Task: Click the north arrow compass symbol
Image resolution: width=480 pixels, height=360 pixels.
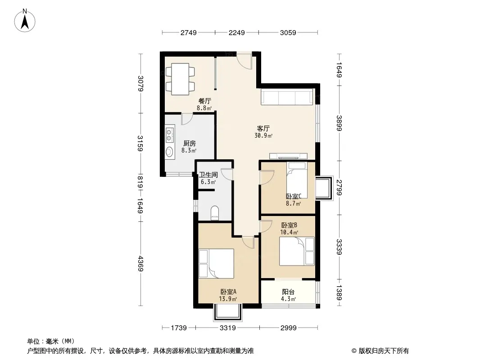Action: (x=25, y=21)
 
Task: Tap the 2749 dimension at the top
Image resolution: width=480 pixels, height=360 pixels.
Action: (x=188, y=32)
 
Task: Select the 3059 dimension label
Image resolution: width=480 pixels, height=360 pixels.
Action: (x=288, y=32)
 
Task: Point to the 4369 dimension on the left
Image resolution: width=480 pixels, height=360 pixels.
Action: (x=140, y=263)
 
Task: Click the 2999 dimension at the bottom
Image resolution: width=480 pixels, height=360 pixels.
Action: (x=288, y=328)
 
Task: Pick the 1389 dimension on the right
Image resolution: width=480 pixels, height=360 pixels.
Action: (x=339, y=292)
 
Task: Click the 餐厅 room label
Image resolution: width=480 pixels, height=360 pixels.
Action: (x=204, y=101)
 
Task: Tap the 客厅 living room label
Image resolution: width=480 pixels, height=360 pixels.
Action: (x=263, y=128)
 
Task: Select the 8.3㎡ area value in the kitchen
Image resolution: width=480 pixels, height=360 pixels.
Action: (x=189, y=150)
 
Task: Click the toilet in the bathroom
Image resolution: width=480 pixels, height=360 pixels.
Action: (x=215, y=213)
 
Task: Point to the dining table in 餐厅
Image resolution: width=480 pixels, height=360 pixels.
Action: (x=180, y=79)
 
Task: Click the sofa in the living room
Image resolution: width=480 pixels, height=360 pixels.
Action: (x=287, y=97)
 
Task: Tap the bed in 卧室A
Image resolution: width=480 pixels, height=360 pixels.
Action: (x=216, y=263)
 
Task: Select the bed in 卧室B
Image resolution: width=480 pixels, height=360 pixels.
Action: (x=297, y=251)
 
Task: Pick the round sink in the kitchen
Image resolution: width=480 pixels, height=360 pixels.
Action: (x=169, y=152)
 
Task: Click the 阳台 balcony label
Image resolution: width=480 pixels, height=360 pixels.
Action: (x=288, y=292)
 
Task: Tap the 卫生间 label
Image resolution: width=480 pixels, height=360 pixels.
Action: (x=208, y=175)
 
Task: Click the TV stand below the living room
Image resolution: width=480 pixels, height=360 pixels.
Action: (x=288, y=156)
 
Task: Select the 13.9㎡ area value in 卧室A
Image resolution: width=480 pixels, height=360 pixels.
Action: (x=227, y=299)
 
